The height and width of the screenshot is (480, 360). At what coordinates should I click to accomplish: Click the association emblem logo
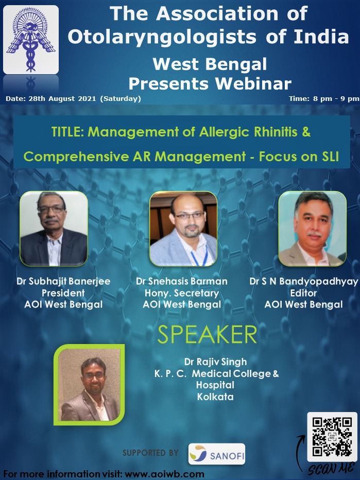31,40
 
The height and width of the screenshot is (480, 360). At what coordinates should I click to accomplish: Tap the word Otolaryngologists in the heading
162,37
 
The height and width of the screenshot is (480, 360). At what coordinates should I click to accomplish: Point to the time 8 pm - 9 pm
336,98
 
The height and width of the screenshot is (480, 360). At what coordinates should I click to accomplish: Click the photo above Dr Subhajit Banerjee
54,229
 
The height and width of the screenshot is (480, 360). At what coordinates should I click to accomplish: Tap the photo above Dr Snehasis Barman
183,229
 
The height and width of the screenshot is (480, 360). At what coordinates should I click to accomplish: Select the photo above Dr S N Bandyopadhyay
313,229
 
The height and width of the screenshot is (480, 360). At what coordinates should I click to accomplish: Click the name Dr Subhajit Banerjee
63,281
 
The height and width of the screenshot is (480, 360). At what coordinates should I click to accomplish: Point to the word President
63,293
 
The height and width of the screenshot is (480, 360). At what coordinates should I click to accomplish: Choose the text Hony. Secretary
182,293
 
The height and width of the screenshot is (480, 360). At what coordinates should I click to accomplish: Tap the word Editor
303,293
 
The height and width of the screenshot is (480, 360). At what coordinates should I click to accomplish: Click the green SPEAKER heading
207,335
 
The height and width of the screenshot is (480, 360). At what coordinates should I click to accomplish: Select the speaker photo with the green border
89,385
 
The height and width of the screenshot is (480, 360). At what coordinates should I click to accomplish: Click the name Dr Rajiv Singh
215,362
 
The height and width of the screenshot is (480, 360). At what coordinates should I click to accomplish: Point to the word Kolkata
215,397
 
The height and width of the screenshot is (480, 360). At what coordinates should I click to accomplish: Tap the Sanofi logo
217,454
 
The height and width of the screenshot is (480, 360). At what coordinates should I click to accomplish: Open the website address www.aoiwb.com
165,474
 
